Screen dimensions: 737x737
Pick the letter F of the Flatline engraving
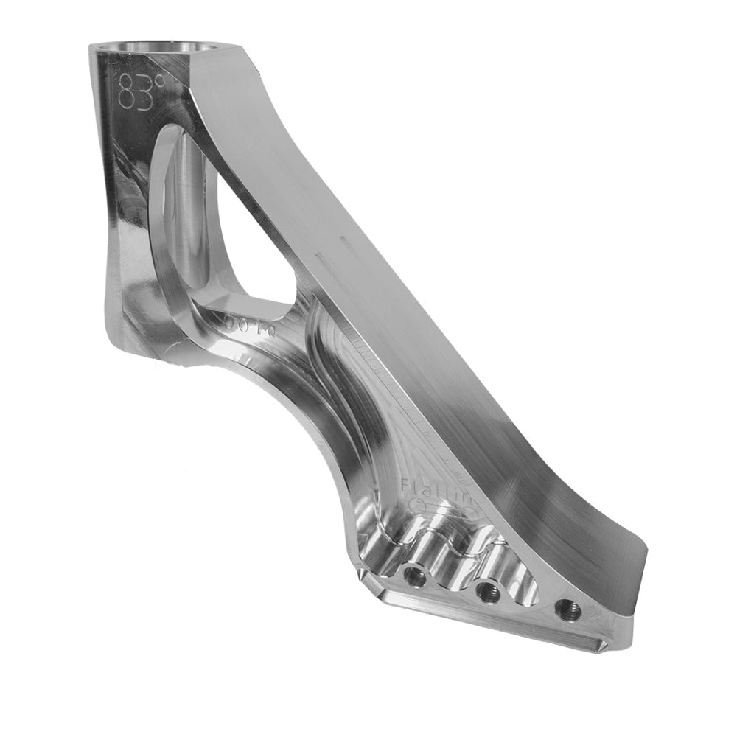[407, 485]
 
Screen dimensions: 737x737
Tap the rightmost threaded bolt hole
[568, 609]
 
